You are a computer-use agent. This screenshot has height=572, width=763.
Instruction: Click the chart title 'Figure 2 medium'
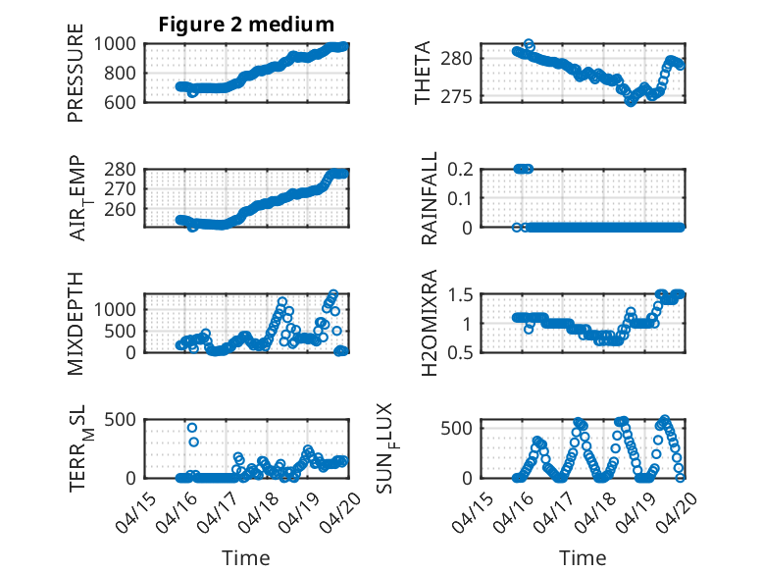pyautogui.click(x=246, y=25)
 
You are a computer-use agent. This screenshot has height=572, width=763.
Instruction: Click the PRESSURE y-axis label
pyautogui.click(x=76, y=73)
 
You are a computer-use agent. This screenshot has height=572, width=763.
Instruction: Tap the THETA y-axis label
pyautogui.click(x=423, y=73)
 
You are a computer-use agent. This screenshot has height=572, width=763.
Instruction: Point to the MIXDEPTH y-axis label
pyautogui.click(x=76, y=324)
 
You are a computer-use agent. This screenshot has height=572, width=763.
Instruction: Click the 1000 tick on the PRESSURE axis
pyautogui.click(x=115, y=44)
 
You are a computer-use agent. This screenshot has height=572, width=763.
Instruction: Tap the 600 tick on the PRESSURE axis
pyautogui.click(x=120, y=102)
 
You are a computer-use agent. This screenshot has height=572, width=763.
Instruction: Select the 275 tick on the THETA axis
pyautogui.click(x=456, y=96)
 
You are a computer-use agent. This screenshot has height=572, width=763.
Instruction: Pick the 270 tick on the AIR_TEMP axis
pyautogui.click(x=120, y=189)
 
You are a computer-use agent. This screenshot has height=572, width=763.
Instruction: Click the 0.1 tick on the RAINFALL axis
pyautogui.click(x=460, y=198)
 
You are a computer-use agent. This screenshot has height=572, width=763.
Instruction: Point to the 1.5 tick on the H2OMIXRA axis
pyautogui.click(x=460, y=294)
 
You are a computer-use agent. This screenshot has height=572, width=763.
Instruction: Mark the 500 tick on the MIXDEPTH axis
pyautogui.click(x=120, y=331)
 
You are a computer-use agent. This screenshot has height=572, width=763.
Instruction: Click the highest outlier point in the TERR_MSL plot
pyautogui.click(x=192, y=428)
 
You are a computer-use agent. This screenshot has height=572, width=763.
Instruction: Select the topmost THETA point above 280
pyautogui.click(x=529, y=43)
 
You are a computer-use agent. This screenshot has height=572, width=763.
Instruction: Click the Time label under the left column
pyautogui.click(x=246, y=558)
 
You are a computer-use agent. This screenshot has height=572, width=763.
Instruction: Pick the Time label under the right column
pyautogui.click(x=583, y=558)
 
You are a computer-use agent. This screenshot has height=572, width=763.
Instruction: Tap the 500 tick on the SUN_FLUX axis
pyautogui.click(x=456, y=429)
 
